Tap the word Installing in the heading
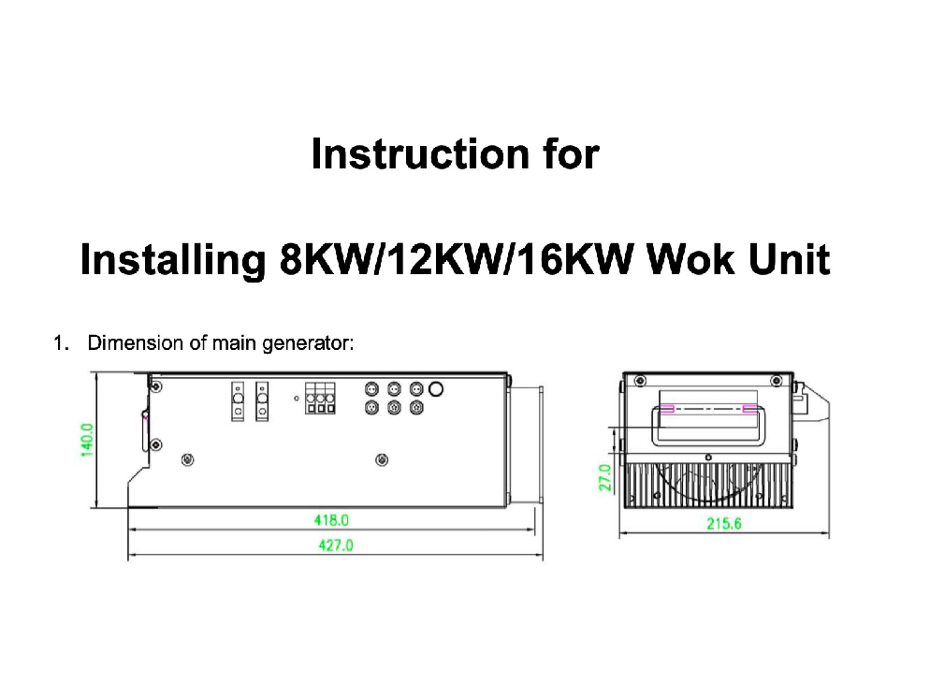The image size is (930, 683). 173,259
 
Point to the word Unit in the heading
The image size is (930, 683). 792,259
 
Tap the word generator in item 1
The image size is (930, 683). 306,343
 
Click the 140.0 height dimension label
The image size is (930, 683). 86,440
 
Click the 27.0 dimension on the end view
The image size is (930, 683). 604,477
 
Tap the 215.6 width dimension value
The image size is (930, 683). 723,525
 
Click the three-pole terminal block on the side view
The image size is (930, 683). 320,400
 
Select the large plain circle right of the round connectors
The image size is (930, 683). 436,388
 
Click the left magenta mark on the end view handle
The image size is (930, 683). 667,409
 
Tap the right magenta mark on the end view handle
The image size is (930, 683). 748,409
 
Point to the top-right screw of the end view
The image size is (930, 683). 776,380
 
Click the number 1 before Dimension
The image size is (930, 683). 59,342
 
